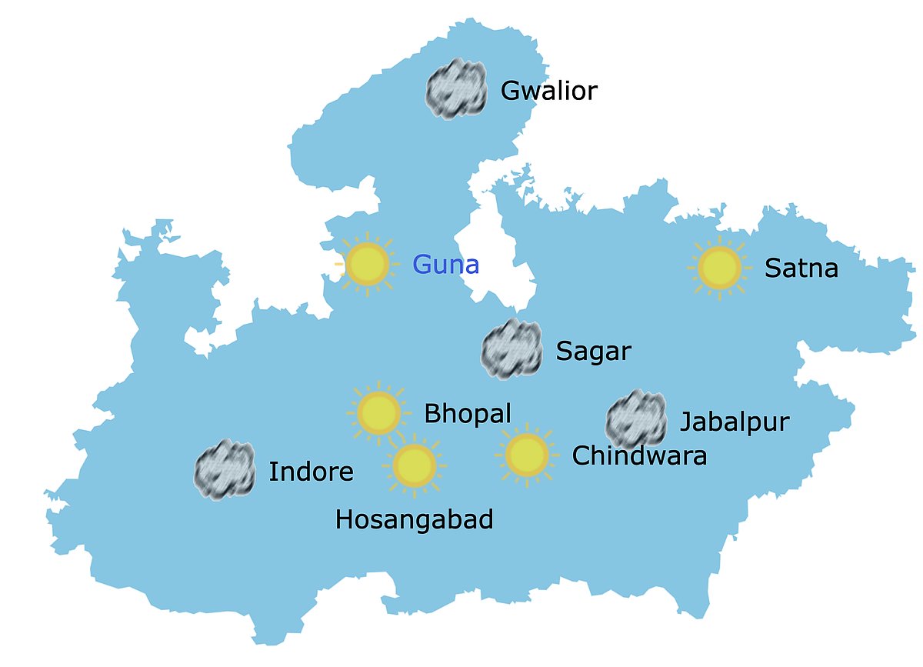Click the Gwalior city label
pos(548,92)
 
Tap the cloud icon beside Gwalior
pos(457,89)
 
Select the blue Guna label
pos(445,265)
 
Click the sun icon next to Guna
pos(368,263)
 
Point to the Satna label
pos(801,268)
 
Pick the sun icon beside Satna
pos(719,267)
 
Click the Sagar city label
pos(593,352)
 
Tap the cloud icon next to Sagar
pos(511,351)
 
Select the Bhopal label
pos(468,414)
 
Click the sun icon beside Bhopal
pos(378,413)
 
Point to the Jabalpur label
pos(735,422)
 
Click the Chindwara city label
pos(639,456)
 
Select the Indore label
pos(311,472)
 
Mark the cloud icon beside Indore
pos(225,470)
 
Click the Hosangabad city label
pos(414,521)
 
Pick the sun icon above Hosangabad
pos(415,465)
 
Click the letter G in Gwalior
pos(510,92)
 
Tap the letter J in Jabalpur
pos(685,422)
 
